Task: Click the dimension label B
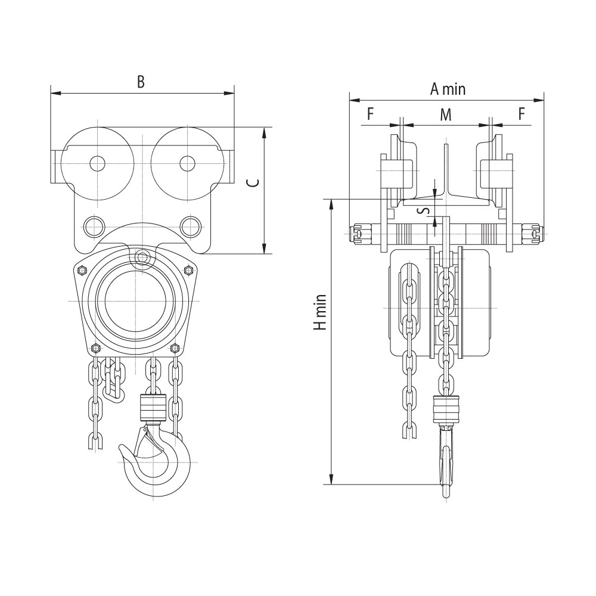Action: (141, 81)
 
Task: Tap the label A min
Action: (448, 89)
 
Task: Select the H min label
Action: (320, 312)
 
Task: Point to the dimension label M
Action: (445, 114)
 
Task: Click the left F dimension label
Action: (371, 114)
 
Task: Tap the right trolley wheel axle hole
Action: (187, 163)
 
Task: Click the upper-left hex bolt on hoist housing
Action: (81, 270)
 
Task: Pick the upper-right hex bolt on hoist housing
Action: (187, 270)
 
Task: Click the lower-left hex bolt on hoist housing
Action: (95, 348)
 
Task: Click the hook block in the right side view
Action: (446, 409)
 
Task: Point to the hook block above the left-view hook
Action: (153, 408)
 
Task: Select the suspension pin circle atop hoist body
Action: (142, 257)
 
